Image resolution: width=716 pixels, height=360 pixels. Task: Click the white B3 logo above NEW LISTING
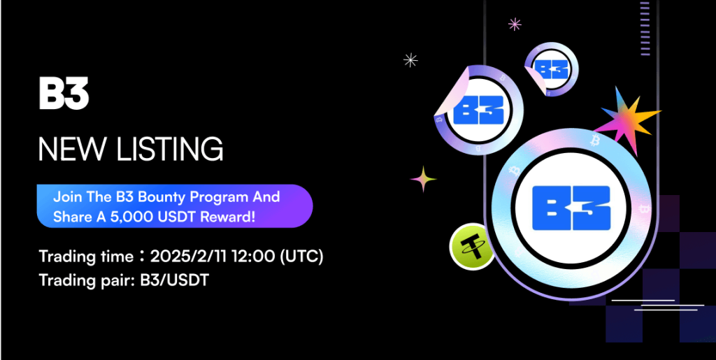[x=64, y=94]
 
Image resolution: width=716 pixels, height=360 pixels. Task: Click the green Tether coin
[x=472, y=247]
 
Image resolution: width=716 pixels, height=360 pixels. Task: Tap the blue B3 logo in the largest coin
[x=571, y=208]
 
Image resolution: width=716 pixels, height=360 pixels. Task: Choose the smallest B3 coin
[x=551, y=69]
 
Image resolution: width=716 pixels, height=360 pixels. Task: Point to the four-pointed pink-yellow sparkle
[x=423, y=179]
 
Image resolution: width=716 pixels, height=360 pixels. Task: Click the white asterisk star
[x=410, y=60]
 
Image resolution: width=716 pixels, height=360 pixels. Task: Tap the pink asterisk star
[x=515, y=24]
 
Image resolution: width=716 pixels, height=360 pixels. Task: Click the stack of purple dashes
[x=644, y=28]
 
